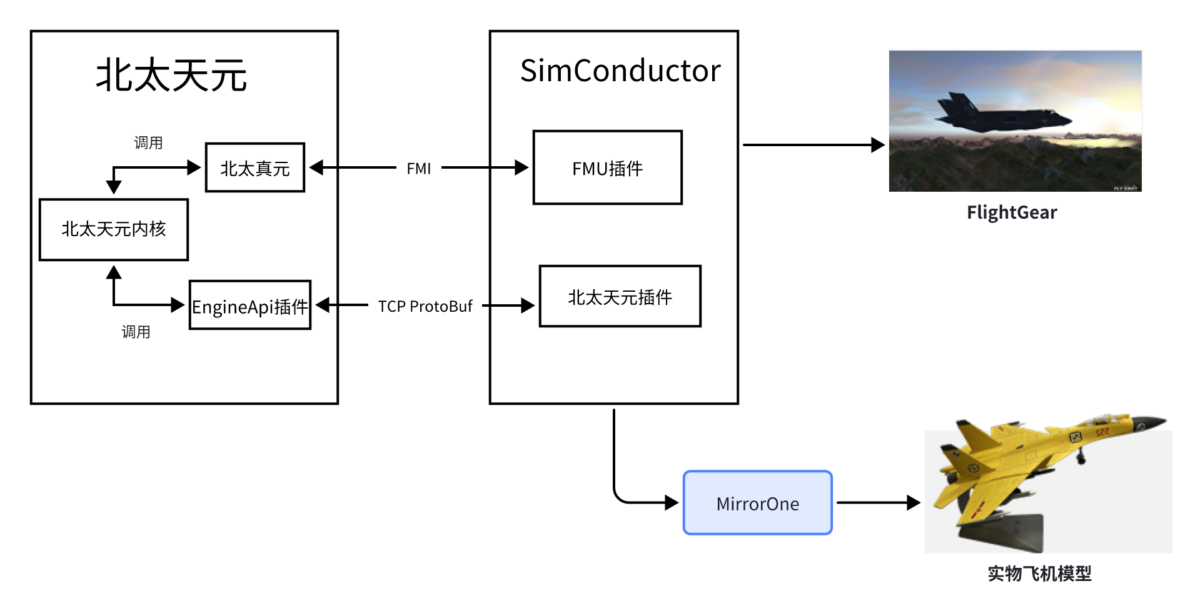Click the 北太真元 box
(255, 167)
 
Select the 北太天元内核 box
(114, 229)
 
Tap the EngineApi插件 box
(250, 306)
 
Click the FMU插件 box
(607, 167)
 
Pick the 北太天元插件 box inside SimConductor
(620, 297)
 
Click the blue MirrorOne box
(757, 503)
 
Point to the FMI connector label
(418, 169)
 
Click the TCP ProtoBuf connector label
(425, 306)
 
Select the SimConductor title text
(620, 71)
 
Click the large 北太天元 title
(171, 76)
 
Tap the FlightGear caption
(1011, 212)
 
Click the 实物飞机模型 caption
(1039, 573)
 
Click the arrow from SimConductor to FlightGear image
(813, 145)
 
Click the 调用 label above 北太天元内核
(148, 143)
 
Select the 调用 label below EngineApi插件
(136, 332)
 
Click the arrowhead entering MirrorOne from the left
(672, 502)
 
